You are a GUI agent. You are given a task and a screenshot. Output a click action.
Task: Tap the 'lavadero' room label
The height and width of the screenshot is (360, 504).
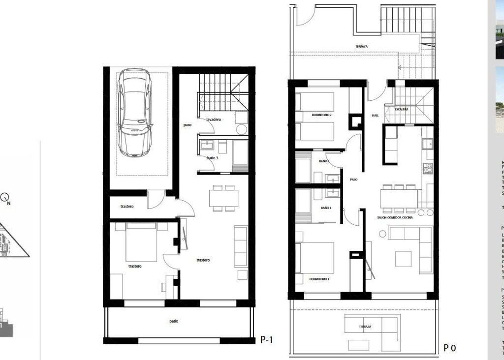[x=214, y=120]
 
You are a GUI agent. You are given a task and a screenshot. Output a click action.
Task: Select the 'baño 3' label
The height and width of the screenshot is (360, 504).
[x=212, y=158]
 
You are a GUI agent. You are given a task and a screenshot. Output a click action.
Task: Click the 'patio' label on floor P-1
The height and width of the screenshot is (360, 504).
[x=174, y=321]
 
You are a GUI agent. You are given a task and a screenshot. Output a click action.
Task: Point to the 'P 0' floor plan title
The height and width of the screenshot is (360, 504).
[x=449, y=348]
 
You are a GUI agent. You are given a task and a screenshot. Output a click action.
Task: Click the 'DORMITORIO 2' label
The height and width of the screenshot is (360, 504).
[x=321, y=115]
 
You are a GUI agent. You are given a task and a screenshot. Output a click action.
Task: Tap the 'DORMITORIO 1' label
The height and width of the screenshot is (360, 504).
[x=319, y=279]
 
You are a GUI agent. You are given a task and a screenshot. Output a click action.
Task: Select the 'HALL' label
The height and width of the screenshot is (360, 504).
[x=375, y=116]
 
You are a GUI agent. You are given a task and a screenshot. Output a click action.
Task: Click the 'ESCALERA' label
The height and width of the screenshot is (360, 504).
[x=401, y=109]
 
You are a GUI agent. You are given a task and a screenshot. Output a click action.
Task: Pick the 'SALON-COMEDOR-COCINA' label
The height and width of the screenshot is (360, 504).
[x=395, y=217]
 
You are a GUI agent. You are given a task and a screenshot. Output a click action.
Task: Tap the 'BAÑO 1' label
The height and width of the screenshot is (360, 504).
[x=325, y=208]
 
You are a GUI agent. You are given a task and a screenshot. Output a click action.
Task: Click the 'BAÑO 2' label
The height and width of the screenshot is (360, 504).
[x=324, y=161]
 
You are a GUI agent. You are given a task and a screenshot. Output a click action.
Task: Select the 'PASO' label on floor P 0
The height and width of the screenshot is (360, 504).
[x=353, y=180]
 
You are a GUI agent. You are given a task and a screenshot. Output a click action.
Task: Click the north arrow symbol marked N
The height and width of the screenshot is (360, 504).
[x=6, y=198]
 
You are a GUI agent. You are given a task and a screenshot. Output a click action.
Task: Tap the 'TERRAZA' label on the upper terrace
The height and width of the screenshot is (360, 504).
[x=361, y=47]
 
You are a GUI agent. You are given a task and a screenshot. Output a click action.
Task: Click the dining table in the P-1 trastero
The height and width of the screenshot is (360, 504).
[x=223, y=198]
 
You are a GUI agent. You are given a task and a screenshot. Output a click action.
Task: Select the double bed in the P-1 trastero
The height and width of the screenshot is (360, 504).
[x=141, y=242]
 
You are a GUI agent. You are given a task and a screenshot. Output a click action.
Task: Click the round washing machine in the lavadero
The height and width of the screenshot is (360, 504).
[x=241, y=129]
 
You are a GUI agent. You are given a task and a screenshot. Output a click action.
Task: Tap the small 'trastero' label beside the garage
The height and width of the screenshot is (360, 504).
[x=127, y=207]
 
